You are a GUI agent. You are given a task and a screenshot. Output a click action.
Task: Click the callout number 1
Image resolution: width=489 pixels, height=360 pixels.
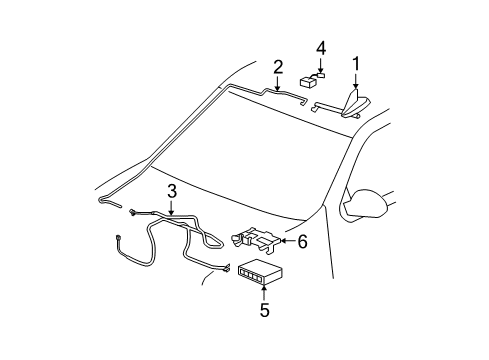point(356,64)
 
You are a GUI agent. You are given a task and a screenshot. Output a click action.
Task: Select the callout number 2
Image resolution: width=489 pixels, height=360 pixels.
point(278,67)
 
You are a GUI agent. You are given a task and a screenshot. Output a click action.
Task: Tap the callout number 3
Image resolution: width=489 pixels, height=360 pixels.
point(172,192)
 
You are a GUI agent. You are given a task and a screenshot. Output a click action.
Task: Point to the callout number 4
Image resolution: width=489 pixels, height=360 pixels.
point(321,48)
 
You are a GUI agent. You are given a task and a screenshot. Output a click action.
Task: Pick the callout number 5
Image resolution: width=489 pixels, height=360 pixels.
point(264,310)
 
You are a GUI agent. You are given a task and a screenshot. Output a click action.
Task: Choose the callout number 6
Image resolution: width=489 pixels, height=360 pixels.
point(302,241)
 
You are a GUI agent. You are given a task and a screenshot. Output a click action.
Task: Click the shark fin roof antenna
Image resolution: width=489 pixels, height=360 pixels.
point(355,104)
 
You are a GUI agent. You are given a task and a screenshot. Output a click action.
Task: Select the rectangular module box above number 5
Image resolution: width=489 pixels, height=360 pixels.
point(260,271)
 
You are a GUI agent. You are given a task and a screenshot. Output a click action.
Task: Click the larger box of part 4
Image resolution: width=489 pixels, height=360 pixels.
point(309,82)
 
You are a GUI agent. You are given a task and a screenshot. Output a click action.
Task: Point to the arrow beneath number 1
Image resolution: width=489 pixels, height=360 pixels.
point(356,81)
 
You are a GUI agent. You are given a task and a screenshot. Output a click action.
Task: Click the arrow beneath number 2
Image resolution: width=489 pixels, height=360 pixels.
point(277,83)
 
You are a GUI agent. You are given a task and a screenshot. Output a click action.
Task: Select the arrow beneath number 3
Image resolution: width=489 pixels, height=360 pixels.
point(171,207)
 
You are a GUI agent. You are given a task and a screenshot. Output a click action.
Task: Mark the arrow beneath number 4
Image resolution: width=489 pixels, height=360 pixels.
point(321,65)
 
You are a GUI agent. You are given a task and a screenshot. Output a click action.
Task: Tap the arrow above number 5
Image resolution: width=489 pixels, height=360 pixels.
point(264,292)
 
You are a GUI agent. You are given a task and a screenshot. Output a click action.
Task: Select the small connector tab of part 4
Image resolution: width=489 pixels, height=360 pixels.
point(321,75)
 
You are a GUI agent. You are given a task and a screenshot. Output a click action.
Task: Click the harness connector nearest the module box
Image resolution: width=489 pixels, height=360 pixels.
point(226,268)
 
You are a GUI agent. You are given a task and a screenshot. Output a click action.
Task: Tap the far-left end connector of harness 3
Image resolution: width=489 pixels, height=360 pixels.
point(118,238)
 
